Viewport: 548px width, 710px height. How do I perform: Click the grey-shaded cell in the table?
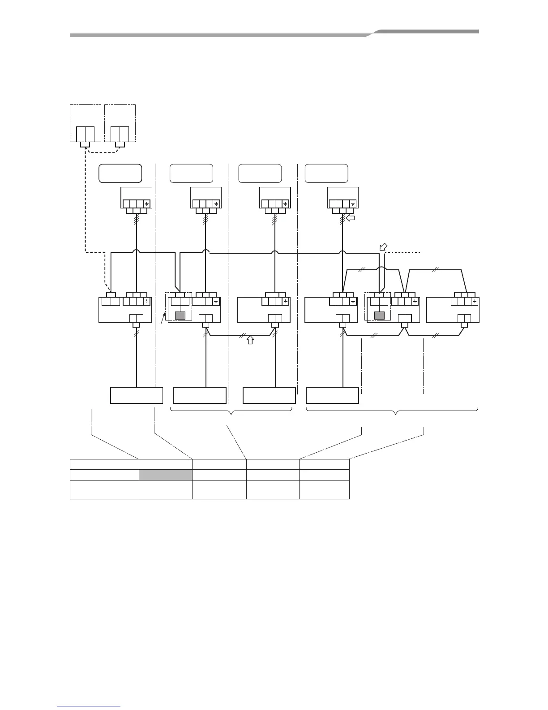pyautogui.click(x=165, y=475)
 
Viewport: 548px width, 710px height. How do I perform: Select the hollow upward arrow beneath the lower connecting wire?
pyautogui.click(x=250, y=340)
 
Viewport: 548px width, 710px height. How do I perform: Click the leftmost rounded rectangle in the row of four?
pyautogui.click(x=120, y=173)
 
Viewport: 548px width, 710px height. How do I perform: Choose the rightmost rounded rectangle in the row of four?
pyautogui.click(x=326, y=173)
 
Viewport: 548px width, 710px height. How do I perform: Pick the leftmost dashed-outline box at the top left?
pyautogui.click(x=85, y=123)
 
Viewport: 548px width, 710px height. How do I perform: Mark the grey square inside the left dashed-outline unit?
pyautogui.click(x=180, y=315)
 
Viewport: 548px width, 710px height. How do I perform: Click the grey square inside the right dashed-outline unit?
pyautogui.click(x=379, y=315)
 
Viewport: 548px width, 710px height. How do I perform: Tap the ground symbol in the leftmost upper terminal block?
pyautogui.click(x=146, y=204)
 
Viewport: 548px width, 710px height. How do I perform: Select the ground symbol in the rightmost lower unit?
pyautogui.click(x=474, y=302)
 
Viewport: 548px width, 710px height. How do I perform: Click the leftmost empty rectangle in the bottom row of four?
pyautogui.click(x=136, y=396)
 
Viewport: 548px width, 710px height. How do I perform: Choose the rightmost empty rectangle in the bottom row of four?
pyautogui.click(x=332, y=396)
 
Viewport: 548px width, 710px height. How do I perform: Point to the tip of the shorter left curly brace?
pyautogui.click(x=231, y=415)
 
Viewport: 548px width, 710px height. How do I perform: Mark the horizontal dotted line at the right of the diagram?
pyautogui.click(x=403, y=253)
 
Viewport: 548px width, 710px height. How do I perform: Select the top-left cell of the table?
pyautogui.click(x=104, y=464)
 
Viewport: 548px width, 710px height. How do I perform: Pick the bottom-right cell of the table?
pyautogui.click(x=324, y=489)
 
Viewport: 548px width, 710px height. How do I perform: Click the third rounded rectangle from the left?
pyautogui.click(x=260, y=173)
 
